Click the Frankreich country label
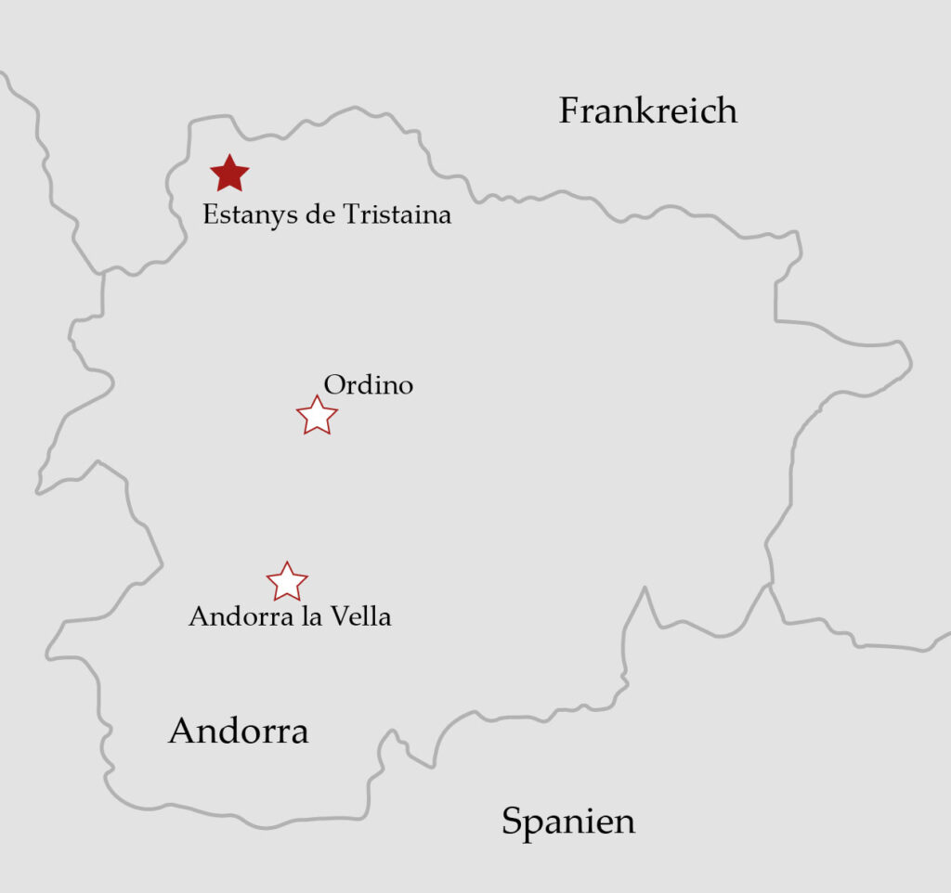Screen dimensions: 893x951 coord(648,111)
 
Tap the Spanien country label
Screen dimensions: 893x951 coord(568,822)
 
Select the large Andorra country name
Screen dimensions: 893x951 coord(238,731)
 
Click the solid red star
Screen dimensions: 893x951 coord(229,174)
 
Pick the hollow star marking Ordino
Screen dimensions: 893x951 coord(317,416)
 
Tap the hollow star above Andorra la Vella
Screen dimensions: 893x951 coord(287,582)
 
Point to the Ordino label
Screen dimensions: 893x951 coord(368,385)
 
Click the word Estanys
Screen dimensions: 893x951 coord(245,215)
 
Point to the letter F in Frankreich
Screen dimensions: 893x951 coord(569,111)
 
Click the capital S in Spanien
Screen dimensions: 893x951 coord(512,822)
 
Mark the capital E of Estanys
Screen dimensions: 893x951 coord(211,215)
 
